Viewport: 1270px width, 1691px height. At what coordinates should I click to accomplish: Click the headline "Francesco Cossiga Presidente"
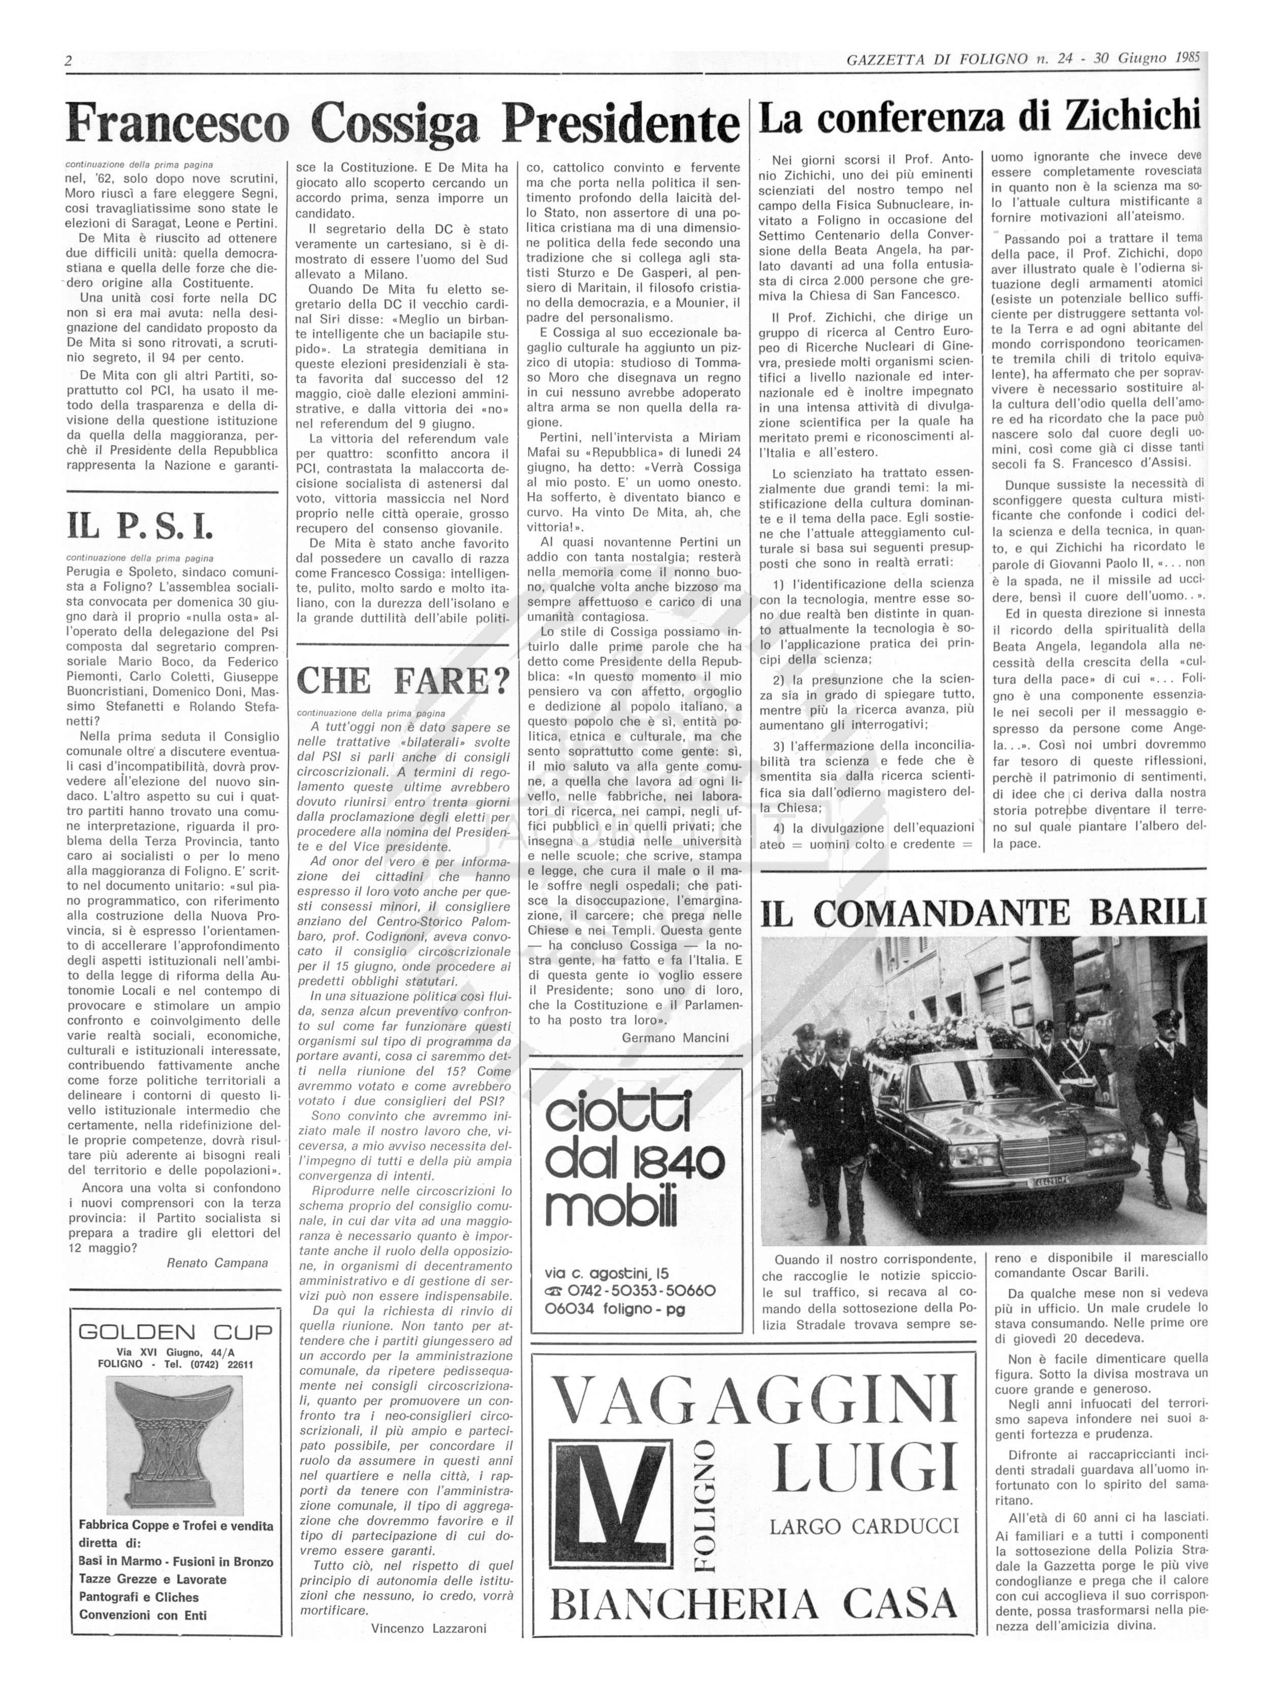[403, 122]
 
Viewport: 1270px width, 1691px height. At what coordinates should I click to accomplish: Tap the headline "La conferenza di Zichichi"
[979, 117]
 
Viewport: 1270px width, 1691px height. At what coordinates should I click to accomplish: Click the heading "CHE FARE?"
[402, 680]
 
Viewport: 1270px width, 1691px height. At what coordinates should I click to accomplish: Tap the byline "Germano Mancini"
[675, 1037]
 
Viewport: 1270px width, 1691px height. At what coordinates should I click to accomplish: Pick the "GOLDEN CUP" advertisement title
[175, 1332]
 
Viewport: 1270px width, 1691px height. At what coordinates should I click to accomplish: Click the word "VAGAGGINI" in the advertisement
[753, 1400]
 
